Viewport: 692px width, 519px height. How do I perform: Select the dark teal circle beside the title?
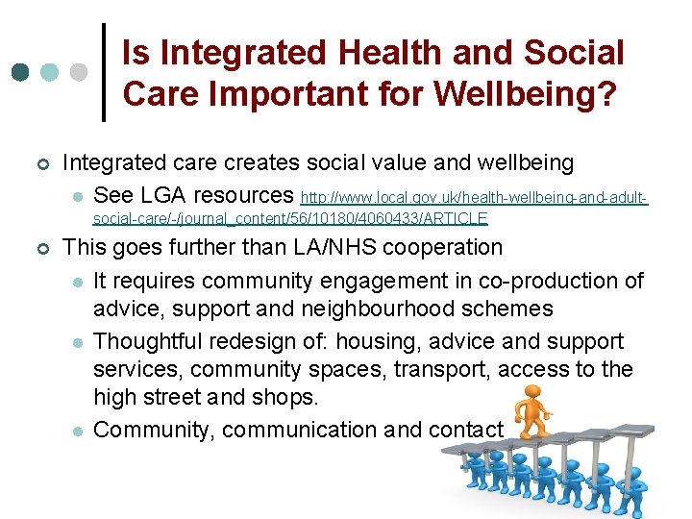20,72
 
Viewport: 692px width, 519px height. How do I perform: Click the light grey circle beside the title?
79,72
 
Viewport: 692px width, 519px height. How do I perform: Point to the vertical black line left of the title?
104,72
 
